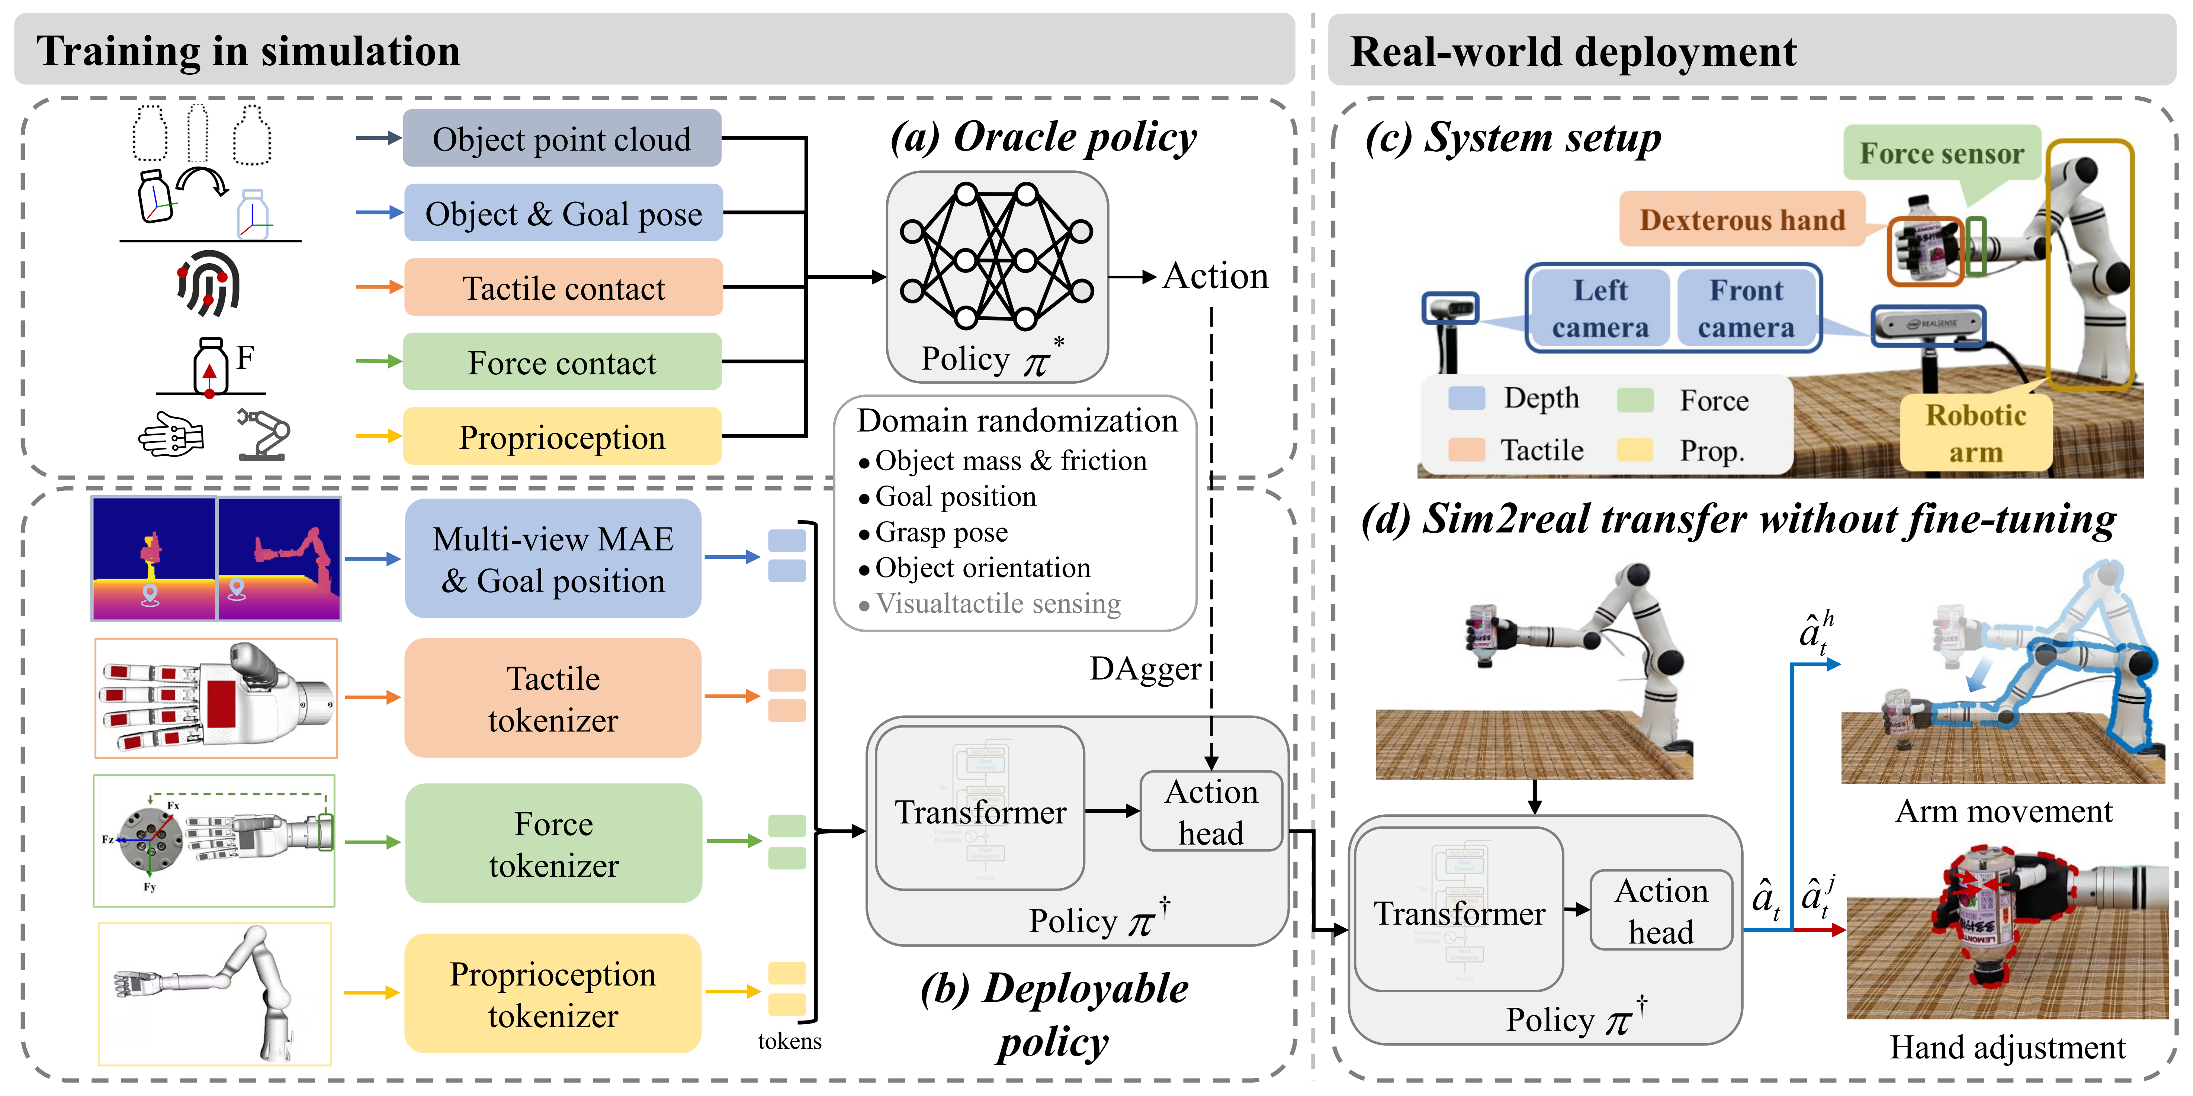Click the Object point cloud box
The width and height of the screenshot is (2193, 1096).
pos(562,139)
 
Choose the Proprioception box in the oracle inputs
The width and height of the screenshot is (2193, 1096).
pos(562,437)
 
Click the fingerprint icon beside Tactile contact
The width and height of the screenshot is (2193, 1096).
pos(209,283)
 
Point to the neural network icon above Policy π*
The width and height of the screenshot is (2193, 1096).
pos(996,255)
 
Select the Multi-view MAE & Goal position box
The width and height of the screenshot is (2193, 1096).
pos(553,559)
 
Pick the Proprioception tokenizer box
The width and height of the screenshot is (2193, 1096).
pos(553,994)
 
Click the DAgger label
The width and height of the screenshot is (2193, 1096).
pos(1145,669)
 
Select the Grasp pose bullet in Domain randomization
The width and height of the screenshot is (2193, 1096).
pos(941,533)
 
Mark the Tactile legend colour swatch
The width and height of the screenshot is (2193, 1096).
pos(1466,449)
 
